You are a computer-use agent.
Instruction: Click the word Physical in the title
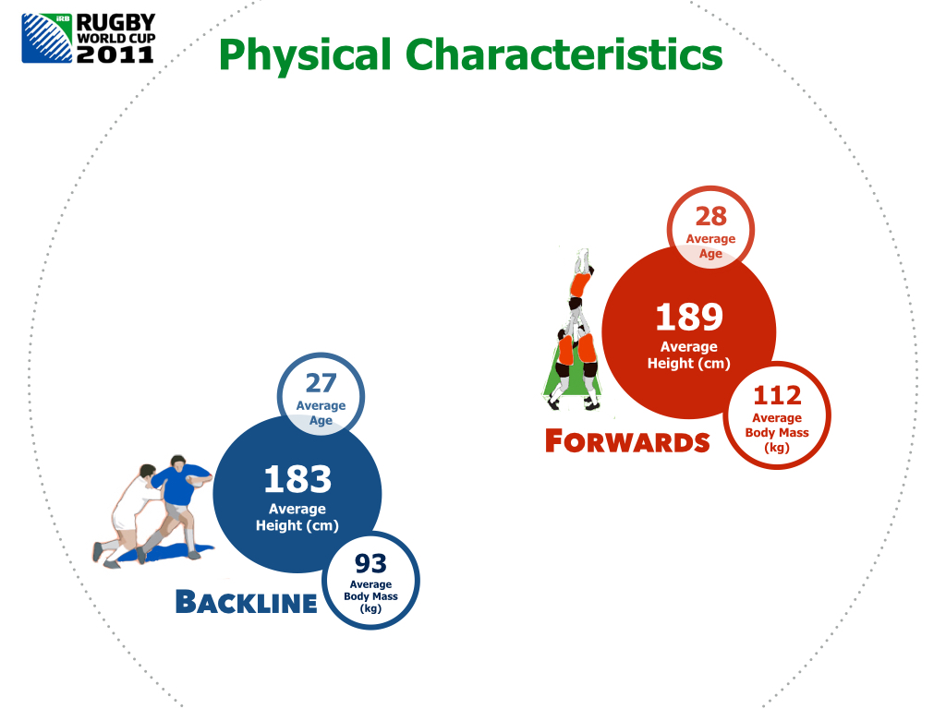pyautogui.click(x=305, y=55)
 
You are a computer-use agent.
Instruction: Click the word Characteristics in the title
pyautogui.click(x=564, y=54)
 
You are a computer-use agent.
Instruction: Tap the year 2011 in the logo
pyautogui.click(x=115, y=54)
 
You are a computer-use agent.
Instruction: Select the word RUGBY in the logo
pyautogui.click(x=115, y=22)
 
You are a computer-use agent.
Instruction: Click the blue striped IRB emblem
pyautogui.click(x=47, y=38)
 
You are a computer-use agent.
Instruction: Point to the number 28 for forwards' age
pyautogui.click(x=710, y=216)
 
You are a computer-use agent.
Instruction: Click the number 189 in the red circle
pyautogui.click(x=689, y=317)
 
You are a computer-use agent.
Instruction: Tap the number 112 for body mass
pyautogui.click(x=777, y=395)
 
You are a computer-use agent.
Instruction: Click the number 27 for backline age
pyautogui.click(x=321, y=383)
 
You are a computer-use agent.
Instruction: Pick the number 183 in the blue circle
pyautogui.click(x=297, y=479)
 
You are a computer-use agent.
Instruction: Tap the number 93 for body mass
pyautogui.click(x=370, y=564)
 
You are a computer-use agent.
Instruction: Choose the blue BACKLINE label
pyautogui.click(x=246, y=602)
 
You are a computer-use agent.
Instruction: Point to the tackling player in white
pyautogui.click(x=129, y=512)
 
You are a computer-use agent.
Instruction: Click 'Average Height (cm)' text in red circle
pyautogui.click(x=689, y=355)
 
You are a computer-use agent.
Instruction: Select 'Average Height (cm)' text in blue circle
pyautogui.click(x=297, y=517)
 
